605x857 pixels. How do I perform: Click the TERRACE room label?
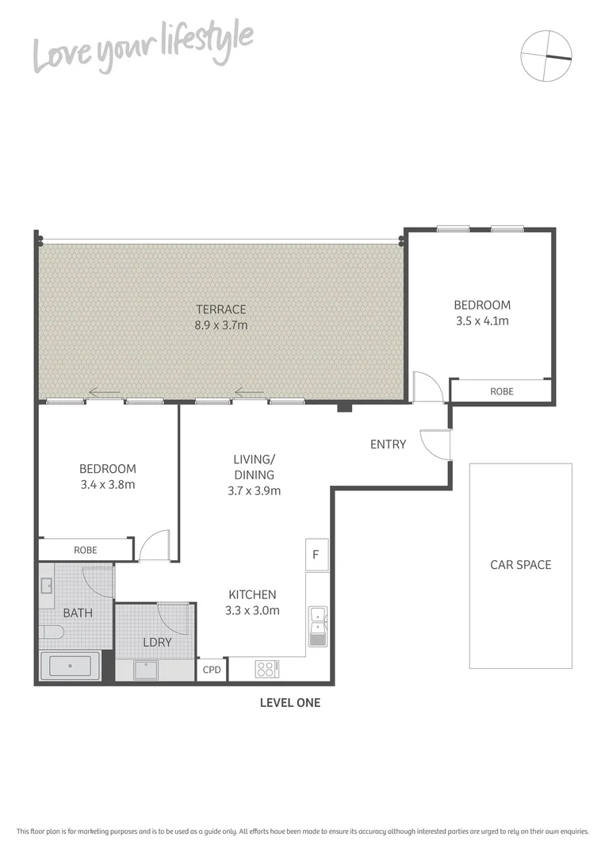click(222, 309)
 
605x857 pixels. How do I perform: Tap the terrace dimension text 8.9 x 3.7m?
click(222, 325)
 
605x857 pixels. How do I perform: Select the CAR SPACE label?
click(520, 565)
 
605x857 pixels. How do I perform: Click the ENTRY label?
click(388, 444)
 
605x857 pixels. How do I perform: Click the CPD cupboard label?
click(212, 670)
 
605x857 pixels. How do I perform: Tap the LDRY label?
click(157, 642)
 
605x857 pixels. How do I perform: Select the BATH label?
click(78, 613)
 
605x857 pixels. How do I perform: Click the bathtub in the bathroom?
click(70, 666)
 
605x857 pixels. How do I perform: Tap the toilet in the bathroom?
click(51, 633)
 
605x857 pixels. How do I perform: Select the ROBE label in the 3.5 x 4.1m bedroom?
click(501, 391)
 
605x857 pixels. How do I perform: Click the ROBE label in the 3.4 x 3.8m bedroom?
click(85, 549)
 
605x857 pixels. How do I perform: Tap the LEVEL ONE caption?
click(290, 702)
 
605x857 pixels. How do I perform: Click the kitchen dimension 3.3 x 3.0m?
click(252, 610)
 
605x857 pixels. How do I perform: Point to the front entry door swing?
click(436, 444)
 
